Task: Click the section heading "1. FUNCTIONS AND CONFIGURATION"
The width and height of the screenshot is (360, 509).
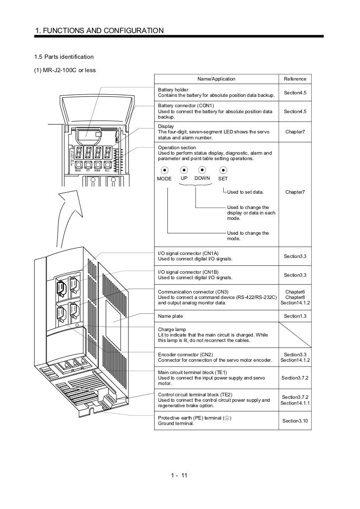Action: [99, 31]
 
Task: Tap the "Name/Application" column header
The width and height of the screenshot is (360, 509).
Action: [216, 79]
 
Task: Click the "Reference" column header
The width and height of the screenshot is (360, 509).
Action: [295, 79]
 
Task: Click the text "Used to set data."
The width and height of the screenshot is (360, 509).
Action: [245, 191]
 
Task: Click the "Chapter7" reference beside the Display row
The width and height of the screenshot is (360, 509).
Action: [295, 132]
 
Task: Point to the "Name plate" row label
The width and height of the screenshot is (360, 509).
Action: [170, 315]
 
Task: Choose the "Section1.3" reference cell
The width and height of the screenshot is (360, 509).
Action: [295, 315]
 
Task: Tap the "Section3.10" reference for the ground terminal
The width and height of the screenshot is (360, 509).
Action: [295, 421]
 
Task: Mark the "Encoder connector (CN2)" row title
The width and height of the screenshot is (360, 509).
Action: [185, 355]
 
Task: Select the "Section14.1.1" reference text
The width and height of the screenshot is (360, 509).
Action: [295, 403]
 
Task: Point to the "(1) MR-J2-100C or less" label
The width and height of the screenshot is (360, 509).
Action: [65, 70]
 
